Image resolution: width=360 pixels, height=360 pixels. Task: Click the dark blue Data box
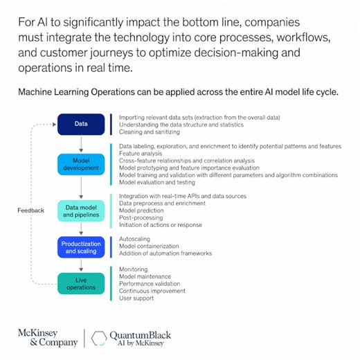(x=82, y=125)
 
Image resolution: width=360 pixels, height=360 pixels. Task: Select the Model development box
(x=82, y=164)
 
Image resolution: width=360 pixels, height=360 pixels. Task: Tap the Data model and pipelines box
(x=82, y=211)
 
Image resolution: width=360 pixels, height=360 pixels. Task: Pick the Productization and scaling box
(x=82, y=247)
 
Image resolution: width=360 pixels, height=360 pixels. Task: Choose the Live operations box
(x=82, y=283)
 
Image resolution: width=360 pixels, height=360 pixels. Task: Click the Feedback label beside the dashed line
(x=30, y=210)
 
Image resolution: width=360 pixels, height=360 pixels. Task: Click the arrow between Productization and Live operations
(x=82, y=265)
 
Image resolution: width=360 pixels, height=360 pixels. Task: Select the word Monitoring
(x=134, y=269)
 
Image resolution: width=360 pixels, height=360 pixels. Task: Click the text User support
(x=136, y=298)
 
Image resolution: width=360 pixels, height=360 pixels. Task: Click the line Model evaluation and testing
(x=157, y=183)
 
